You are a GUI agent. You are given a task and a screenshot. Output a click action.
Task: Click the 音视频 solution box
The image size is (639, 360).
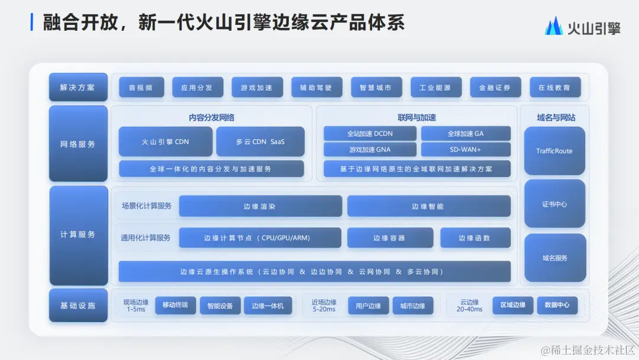tap(140, 88)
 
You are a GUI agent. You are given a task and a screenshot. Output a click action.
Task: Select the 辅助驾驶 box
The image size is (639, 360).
tap(317, 88)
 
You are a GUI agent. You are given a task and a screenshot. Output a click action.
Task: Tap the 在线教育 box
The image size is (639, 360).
tap(554, 88)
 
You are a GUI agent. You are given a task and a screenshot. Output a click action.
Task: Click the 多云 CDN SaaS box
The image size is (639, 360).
tap(260, 142)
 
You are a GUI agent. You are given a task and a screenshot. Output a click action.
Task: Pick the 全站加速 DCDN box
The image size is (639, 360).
tap(370, 134)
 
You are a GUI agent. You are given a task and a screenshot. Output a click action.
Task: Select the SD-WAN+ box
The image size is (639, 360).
tap(466, 150)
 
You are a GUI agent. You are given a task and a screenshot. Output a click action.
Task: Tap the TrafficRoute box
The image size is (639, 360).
tap(554, 151)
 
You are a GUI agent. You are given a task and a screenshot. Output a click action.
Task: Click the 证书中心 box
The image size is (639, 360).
tap(554, 204)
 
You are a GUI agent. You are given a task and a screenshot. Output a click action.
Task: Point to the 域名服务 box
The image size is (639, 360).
tap(554, 258)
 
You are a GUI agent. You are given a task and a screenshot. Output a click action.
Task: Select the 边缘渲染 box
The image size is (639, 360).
tap(260, 207)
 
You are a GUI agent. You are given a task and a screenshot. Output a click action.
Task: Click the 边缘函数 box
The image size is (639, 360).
tap(475, 238)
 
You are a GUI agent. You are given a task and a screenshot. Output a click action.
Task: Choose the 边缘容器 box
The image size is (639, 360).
tap(389, 238)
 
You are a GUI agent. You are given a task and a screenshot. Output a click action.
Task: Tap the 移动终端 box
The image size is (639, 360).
tap(175, 306)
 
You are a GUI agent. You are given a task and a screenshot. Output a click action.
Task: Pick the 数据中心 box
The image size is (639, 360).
tap(557, 306)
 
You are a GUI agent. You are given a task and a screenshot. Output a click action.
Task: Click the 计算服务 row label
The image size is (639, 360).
tap(78, 235)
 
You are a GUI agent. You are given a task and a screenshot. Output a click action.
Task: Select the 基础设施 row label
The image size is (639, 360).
tap(78, 306)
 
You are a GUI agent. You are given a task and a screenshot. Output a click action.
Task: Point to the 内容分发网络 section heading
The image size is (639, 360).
tap(212, 117)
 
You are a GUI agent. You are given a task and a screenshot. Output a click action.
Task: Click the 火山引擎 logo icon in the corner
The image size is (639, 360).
tap(553, 27)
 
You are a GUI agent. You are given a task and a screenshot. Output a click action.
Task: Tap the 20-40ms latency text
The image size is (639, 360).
tap(470, 310)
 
